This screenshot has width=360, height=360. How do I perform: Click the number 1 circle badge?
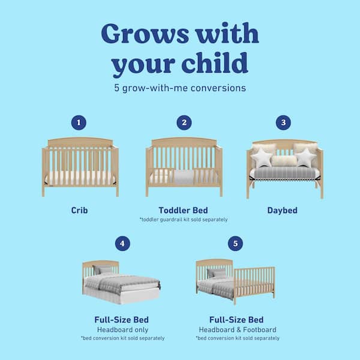[77, 122]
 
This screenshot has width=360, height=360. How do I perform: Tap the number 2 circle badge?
[184, 122]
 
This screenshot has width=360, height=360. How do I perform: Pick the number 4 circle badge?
[123, 244]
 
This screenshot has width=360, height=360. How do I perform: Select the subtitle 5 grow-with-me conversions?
[180, 88]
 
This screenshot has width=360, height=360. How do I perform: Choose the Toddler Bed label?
[184, 211]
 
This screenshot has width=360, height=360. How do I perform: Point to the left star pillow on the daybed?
[262, 159]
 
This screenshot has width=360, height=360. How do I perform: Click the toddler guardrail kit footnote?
[184, 220]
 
